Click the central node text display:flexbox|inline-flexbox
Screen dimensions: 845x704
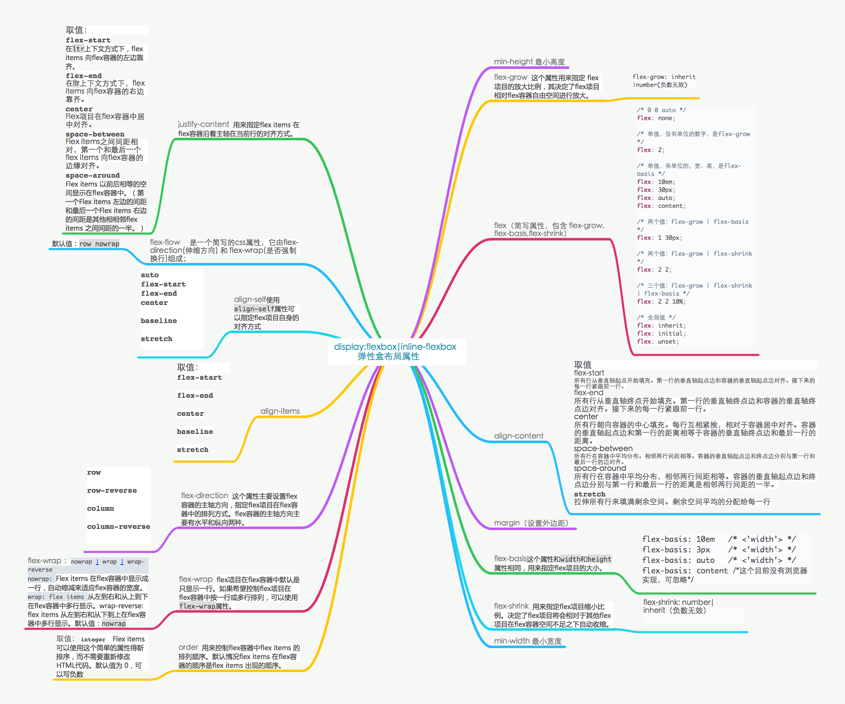pos(395,347)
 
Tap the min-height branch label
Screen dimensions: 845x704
pos(529,62)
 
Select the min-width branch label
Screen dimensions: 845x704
pos(527,641)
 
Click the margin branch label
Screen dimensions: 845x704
pos(531,523)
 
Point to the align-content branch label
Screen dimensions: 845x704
pos(519,436)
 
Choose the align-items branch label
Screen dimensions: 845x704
pos(280,411)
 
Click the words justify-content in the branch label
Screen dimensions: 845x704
pos(203,124)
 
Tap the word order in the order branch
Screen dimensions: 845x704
pos(188,647)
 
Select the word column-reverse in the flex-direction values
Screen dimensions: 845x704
pos(118,527)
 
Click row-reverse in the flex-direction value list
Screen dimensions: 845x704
pos(112,491)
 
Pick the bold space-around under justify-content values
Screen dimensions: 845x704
pos(92,176)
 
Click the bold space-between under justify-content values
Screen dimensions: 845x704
pos(95,134)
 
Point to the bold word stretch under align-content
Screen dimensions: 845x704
pos(590,494)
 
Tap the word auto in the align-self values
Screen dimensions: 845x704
pos(150,275)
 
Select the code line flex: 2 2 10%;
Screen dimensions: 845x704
pos(662,302)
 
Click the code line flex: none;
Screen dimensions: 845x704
pos(655,118)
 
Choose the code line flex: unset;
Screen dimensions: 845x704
pos(658,341)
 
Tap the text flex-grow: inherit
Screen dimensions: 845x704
pos(664,77)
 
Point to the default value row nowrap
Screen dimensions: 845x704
pos(99,244)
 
